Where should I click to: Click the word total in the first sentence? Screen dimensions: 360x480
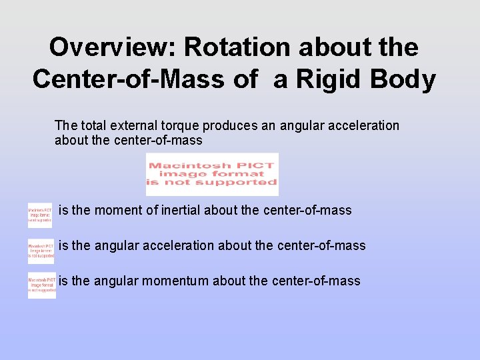click(93, 125)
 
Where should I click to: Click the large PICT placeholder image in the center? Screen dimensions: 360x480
click(212, 174)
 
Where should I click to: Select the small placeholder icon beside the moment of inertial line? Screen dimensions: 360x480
click(40, 215)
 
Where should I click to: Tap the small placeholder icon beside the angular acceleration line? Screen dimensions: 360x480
click(41, 251)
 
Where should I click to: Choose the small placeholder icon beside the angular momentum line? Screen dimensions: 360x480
click(41, 285)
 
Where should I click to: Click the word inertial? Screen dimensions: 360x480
click(180, 211)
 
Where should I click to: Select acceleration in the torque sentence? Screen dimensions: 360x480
click(366, 125)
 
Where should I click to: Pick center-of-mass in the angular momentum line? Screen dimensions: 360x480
click(316, 281)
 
